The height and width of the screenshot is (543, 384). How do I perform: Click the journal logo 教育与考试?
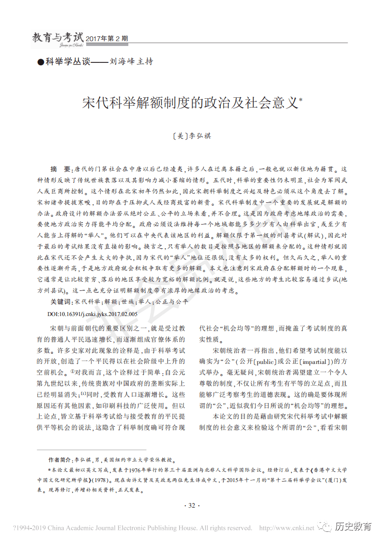[57, 37]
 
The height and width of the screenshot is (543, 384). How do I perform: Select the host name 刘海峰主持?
[131, 61]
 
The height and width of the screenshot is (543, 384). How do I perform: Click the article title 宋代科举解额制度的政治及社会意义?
[188, 103]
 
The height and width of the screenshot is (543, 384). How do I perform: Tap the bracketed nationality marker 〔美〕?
[180, 136]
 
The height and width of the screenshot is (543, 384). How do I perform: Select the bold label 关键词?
[61, 302]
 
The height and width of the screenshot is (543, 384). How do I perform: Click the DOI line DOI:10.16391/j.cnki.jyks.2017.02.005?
[92, 314]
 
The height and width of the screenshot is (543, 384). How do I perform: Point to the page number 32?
[191, 506]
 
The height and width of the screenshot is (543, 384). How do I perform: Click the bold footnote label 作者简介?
[60, 460]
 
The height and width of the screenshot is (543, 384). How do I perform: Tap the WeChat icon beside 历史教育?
[325, 526]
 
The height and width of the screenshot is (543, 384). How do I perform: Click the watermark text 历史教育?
[353, 527]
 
